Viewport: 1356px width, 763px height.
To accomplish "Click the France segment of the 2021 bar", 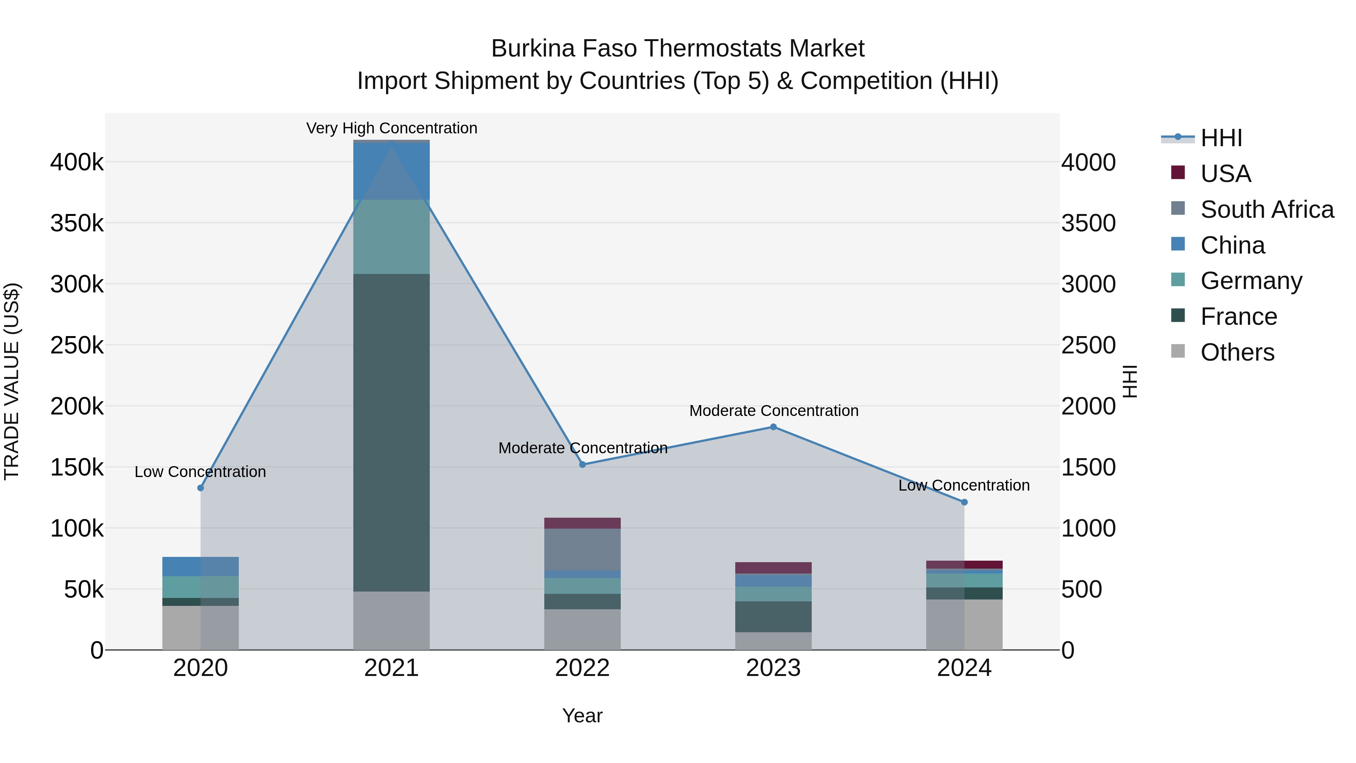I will coord(391,432).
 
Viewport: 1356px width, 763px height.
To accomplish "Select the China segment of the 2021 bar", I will coord(391,171).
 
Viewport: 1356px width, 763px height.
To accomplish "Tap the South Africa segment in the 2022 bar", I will coord(582,549).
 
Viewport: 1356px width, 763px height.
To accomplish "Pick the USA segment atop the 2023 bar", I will coord(773,568).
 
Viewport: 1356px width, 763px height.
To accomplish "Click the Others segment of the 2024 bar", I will coord(964,624).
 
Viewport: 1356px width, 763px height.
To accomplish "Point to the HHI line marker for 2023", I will coord(773,427).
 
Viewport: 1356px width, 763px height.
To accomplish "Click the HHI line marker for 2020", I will coord(200,488).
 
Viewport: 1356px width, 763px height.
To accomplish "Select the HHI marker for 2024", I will coord(964,502).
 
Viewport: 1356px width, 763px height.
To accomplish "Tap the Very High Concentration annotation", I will coord(392,128).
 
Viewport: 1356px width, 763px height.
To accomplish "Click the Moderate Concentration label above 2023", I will coord(774,411).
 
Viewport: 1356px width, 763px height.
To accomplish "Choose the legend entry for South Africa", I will coord(1266,209).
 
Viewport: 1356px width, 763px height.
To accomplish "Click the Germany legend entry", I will coord(1251,281).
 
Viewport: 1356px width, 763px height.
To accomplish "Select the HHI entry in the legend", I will coord(1221,138).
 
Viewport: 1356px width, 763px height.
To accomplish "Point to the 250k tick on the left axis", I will coord(77,346).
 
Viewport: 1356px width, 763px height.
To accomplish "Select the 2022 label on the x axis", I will coord(582,668).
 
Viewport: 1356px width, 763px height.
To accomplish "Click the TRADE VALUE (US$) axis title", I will coord(12,381).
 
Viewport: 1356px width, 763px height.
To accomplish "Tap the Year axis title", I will coord(582,716).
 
